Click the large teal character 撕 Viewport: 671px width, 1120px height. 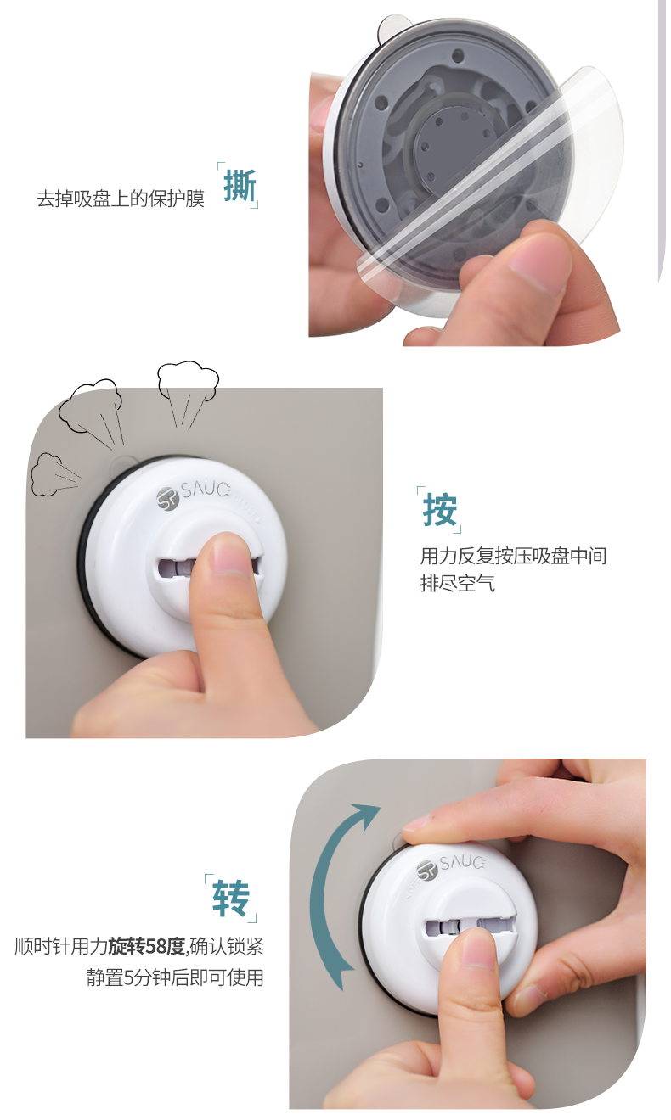[240, 186]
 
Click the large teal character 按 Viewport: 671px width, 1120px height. [440, 510]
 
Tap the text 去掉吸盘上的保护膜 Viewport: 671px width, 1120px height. [121, 199]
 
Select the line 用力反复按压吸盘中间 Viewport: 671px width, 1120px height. [513, 556]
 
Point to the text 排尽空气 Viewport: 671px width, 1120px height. [457, 584]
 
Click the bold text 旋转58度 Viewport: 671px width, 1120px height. [147, 947]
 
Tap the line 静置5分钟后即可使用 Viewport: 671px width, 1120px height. [175, 977]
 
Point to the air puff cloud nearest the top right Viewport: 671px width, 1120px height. [189, 380]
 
